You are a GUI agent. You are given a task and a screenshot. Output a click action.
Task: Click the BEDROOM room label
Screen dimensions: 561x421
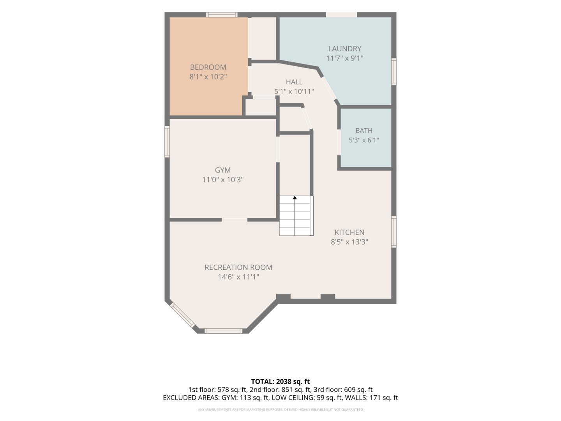(208, 67)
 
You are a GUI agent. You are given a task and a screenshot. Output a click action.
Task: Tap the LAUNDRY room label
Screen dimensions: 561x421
(344, 49)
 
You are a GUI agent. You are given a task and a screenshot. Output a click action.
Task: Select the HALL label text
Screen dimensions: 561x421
(294, 82)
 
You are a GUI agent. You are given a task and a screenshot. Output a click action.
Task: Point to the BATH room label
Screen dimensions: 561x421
(364, 131)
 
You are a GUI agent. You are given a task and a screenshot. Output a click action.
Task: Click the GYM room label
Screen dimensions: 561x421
(222, 170)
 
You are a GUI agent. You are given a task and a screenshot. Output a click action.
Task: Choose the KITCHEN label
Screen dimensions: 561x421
(349, 232)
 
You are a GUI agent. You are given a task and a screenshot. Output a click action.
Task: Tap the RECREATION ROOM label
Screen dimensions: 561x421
(238, 267)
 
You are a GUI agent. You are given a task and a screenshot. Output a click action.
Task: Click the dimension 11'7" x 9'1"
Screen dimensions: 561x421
(344, 58)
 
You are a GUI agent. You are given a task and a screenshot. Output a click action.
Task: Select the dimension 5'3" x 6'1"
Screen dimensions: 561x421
(364, 140)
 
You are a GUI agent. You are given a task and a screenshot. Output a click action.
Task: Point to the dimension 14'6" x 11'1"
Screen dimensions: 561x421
(238, 277)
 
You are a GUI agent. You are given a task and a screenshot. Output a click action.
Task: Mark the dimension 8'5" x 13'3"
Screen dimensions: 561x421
(349, 242)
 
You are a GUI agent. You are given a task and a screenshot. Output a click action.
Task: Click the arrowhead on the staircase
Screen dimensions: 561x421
(295, 198)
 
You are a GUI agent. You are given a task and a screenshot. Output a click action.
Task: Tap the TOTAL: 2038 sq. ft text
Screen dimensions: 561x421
(280, 382)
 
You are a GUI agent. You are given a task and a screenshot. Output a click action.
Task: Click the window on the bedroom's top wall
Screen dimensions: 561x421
(222, 14)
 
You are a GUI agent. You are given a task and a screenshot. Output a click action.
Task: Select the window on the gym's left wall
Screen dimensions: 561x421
(167, 142)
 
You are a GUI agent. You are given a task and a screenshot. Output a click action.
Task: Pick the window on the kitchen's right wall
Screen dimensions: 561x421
(394, 232)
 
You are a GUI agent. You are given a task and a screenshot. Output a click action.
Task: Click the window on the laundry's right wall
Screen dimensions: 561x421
(394, 72)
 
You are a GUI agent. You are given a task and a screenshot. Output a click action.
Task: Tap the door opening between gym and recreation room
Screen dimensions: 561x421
(235, 220)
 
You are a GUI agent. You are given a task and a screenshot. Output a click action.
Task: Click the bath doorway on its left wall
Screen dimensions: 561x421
(339, 142)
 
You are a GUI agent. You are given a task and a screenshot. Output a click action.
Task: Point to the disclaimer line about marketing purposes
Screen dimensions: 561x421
(280, 410)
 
